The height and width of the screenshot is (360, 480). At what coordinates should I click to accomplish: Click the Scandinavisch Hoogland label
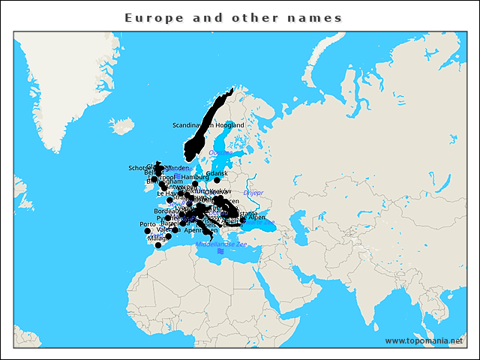(x=208, y=124)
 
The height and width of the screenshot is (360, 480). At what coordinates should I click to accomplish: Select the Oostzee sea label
(x=220, y=153)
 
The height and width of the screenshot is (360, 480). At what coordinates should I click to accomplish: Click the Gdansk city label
(x=217, y=173)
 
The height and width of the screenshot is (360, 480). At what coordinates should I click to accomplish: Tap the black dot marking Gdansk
(x=217, y=180)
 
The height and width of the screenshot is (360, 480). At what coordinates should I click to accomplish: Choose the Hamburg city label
(x=195, y=177)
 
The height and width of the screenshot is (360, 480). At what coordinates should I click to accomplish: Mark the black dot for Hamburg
(x=195, y=184)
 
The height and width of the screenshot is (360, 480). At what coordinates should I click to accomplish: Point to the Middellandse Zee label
(x=220, y=244)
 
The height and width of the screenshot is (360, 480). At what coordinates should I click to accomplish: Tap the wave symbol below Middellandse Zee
(x=220, y=252)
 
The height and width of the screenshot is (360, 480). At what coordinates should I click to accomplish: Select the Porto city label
(x=148, y=224)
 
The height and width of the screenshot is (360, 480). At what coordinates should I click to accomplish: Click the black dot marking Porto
(x=147, y=231)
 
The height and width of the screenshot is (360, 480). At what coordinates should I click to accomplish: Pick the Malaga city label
(x=157, y=238)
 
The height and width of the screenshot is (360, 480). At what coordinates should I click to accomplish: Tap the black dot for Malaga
(x=157, y=245)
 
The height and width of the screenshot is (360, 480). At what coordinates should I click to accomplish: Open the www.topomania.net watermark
(x=424, y=340)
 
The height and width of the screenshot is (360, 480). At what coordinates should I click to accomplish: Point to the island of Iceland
(x=121, y=124)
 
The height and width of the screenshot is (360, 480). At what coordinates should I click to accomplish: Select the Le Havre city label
(x=168, y=193)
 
